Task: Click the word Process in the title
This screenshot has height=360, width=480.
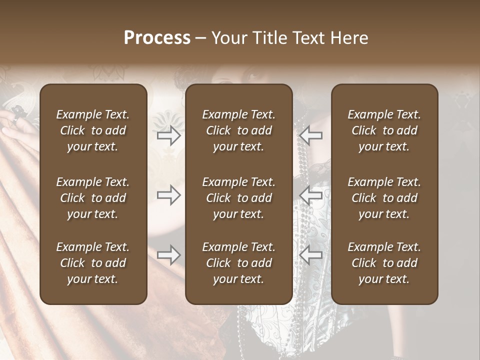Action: pos(157,38)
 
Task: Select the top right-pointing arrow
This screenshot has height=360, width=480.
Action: pos(168,135)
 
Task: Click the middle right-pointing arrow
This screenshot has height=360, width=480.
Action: pos(168,195)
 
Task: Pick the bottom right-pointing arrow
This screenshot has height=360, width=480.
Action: pos(168,255)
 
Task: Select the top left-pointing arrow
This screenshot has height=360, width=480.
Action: pos(311,135)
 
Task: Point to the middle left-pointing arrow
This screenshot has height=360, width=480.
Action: pos(311,195)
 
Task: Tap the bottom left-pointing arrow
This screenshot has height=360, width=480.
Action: pos(311,255)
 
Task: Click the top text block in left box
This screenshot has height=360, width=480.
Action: pos(93,130)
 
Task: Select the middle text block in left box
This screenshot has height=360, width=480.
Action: pos(93,198)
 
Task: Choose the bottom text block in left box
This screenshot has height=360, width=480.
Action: pos(93,263)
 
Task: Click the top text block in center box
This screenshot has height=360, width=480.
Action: pos(238,130)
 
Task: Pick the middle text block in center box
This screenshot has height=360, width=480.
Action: pos(238,198)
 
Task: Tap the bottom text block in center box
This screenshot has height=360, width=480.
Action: pos(238,263)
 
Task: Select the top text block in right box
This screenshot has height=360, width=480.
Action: pos(384,130)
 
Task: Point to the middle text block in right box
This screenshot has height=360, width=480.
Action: pos(384,198)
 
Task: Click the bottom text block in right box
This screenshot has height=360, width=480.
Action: pos(384,263)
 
